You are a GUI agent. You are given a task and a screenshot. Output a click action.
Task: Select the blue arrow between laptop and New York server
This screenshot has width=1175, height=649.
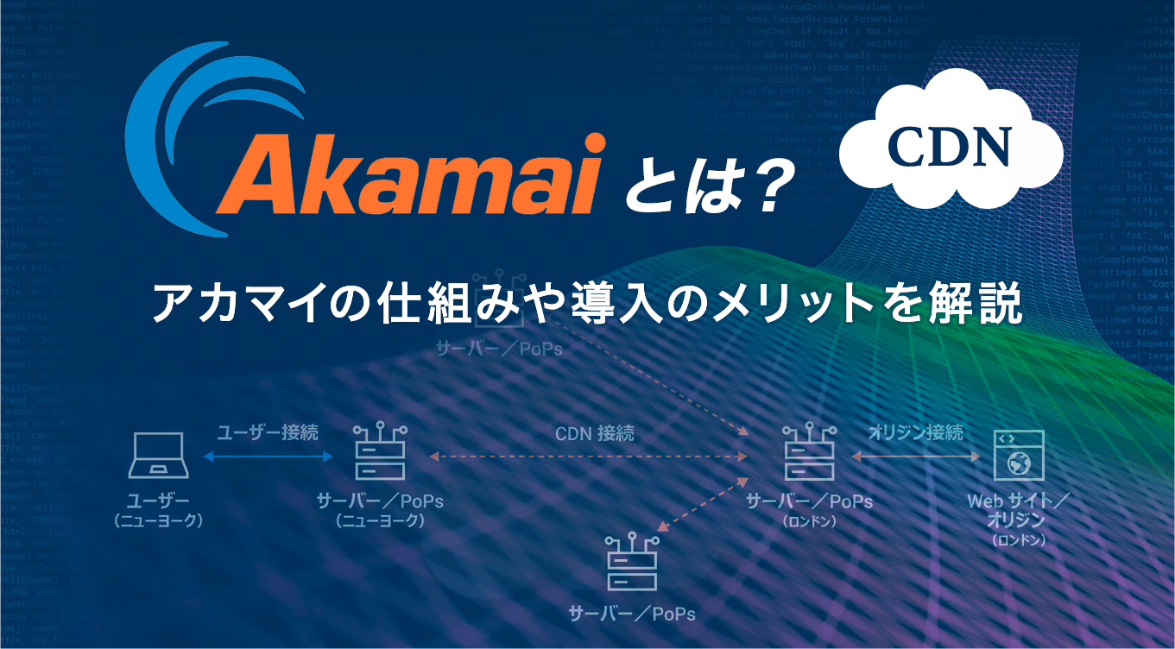click(267, 457)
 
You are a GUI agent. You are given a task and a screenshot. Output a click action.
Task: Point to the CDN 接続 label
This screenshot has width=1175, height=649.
click(594, 432)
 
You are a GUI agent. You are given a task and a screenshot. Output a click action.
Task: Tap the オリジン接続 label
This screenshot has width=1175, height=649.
click(916, 432)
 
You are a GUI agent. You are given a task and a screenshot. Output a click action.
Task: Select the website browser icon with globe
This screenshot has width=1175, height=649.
click(1018, 455)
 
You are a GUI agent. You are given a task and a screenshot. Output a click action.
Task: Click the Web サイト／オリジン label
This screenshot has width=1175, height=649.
click(1019, 510)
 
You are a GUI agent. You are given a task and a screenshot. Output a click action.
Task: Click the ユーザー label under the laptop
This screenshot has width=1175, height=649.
click(158, 501)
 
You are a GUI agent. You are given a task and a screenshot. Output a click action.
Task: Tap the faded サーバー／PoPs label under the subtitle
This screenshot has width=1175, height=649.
click(500, 350)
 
